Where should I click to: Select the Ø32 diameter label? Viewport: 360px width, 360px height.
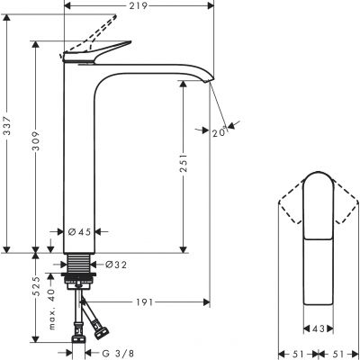(114, 265)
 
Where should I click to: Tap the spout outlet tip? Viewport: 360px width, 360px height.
(213, 83)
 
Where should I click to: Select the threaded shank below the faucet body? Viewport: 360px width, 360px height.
(81, 263)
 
